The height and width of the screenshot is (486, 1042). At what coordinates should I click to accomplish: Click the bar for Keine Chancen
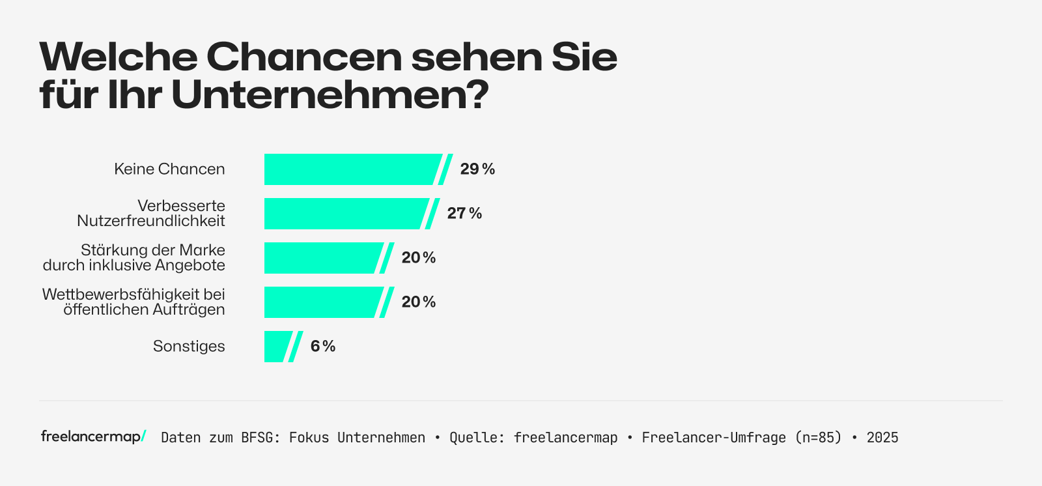coord(352,169)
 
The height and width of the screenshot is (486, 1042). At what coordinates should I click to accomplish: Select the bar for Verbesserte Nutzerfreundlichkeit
coord(345,214)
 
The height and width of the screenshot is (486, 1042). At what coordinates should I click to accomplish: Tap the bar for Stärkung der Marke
coord(322,258)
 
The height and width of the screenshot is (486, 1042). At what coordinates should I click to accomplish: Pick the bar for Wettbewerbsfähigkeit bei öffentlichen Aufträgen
coord(322,302)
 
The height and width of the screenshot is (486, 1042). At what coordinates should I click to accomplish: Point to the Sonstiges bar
coord(277,347)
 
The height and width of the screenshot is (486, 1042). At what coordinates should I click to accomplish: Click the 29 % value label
coord(477,169)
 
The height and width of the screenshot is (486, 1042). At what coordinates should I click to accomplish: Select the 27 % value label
coord(464,214)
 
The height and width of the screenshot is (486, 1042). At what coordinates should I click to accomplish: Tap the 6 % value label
coord(323,347)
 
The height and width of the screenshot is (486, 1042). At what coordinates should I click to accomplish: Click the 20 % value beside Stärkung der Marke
coord(419,258)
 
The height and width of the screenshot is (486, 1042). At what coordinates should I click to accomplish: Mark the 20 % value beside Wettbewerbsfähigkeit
coord(419,302)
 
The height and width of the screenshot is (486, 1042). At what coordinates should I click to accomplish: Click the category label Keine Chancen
coord(169,169)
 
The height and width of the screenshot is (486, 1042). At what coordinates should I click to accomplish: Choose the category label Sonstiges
coord(189,347)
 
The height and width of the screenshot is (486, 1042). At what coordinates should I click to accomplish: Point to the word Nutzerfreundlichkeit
coord(151,222)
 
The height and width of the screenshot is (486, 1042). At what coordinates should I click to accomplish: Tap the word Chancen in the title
coord(304,57)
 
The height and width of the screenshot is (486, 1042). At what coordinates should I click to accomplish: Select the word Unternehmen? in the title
coord(330,95)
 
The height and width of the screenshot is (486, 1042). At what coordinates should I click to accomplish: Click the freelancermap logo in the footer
coord(93,436)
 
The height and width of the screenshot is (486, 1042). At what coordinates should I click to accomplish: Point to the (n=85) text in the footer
coord(818,438)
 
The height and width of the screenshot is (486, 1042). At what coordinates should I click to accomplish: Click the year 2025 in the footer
coord(882,438)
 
